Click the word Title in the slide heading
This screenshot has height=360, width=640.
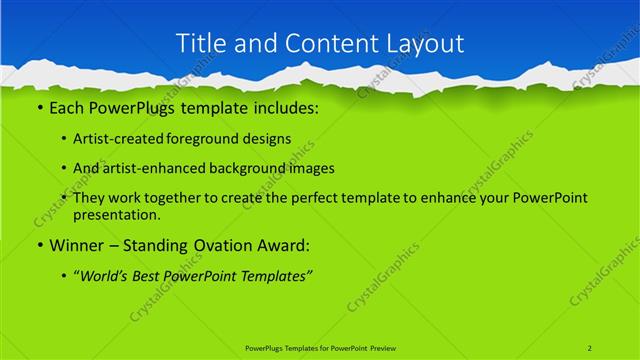click(x=200, y=43)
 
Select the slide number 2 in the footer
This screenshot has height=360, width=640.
click(x=590, y=347)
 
